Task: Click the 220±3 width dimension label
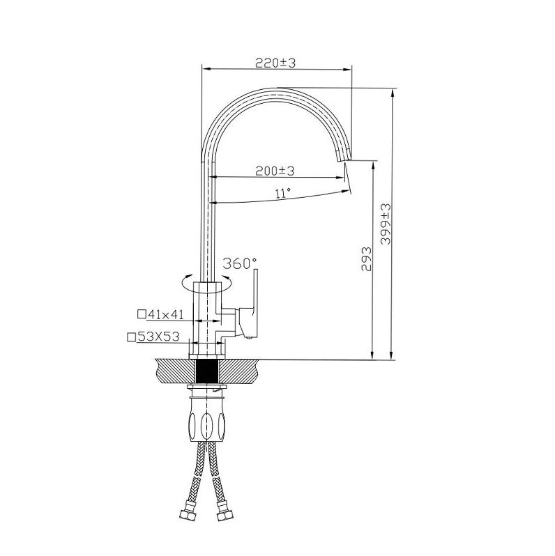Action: point(275,63)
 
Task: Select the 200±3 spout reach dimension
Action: point(275,171)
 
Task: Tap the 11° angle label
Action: point(283,193)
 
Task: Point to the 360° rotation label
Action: point(240,263)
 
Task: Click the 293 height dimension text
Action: point(366,259)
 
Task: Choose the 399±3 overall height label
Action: point(386,224)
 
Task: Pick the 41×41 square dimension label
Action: point(165,314)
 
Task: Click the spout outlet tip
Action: point(344,160)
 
